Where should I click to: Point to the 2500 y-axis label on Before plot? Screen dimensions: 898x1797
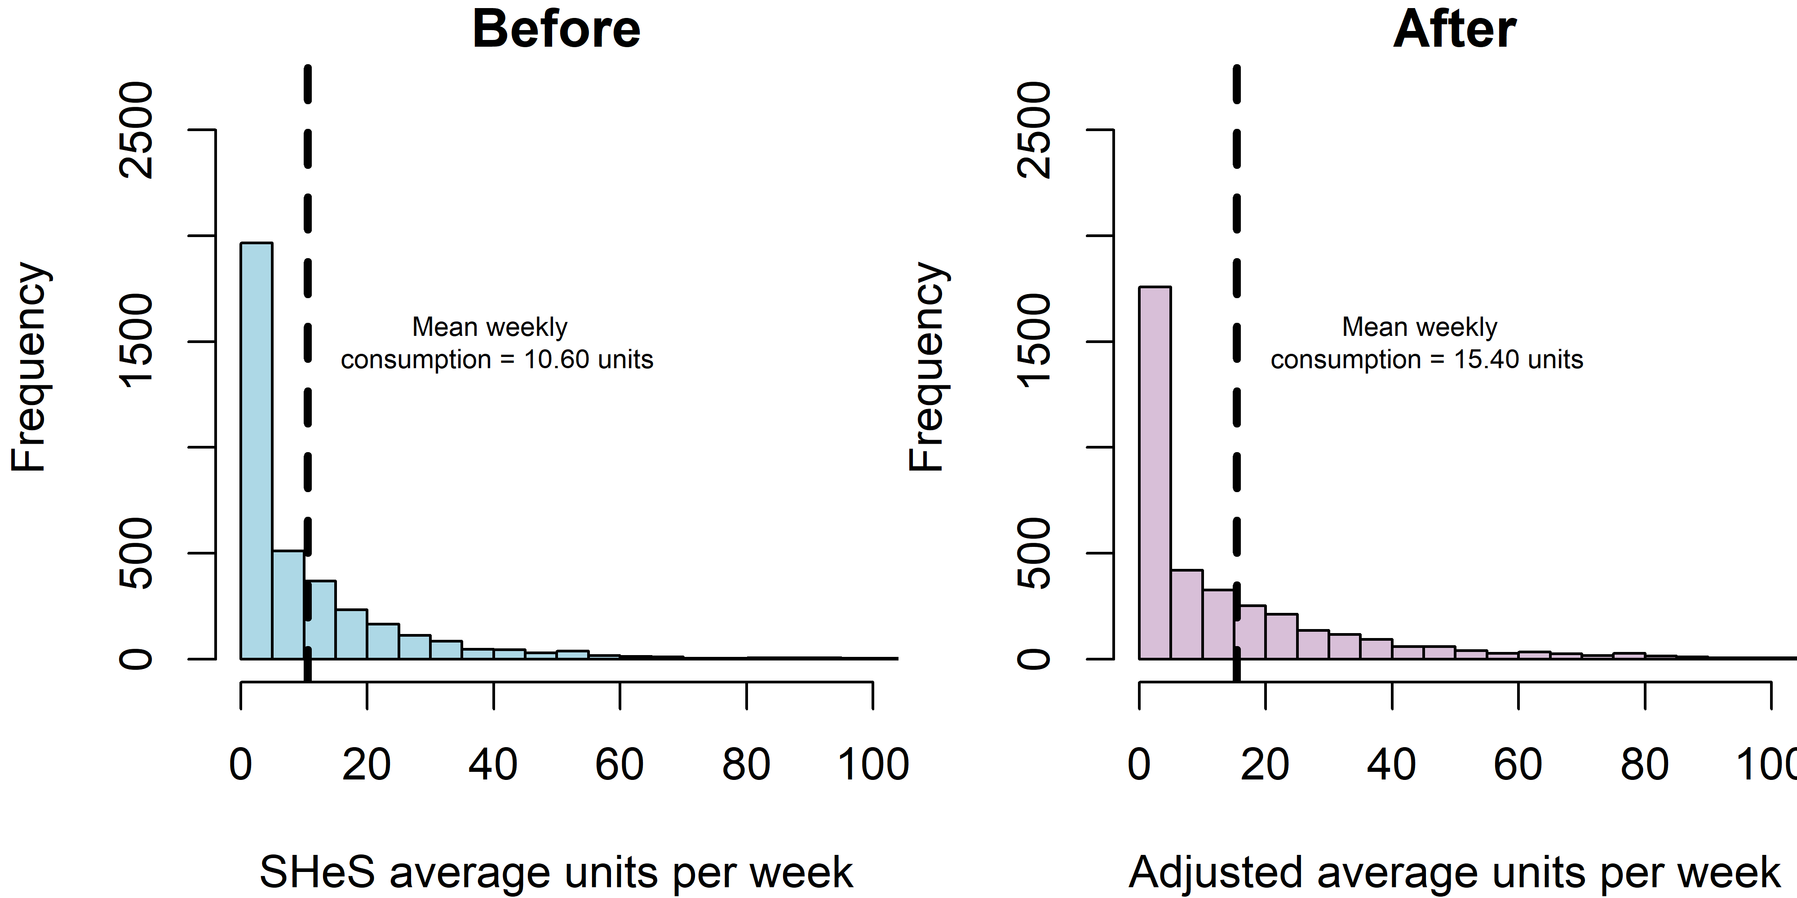coord(137,130)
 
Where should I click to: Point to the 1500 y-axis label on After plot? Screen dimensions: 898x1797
coord(1035,341)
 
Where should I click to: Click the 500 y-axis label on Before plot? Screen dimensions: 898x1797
coord(137,553)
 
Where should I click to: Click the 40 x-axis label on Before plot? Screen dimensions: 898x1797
coord(492,764)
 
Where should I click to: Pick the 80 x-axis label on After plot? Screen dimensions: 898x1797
coord(1644,764)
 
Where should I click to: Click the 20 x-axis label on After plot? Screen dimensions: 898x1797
coord(1265,764)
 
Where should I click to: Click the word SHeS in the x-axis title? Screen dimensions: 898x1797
coord(318,872)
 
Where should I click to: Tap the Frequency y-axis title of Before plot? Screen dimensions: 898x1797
coord(29,367)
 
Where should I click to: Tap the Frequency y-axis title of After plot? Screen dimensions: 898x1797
coord(927,367)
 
